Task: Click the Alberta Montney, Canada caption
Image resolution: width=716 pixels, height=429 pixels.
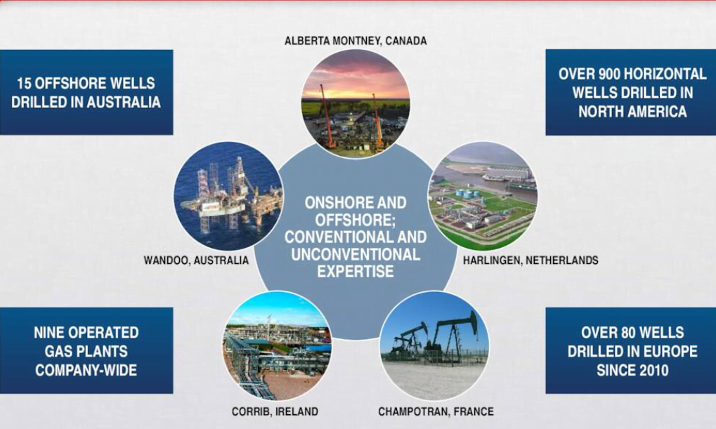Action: point(356,41)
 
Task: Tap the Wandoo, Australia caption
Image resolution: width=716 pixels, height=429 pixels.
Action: point(196,260)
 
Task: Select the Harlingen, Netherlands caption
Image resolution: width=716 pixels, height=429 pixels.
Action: point(531,260)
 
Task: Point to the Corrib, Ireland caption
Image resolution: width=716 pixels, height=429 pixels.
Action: point(275,411)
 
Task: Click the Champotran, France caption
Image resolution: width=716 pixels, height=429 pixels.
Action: point(436,411)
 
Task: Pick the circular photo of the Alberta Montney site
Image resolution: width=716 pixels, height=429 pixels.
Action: point(356,103)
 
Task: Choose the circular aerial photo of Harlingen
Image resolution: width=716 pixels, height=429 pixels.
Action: point(483,197)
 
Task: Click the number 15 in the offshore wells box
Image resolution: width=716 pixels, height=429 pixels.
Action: point(26,84)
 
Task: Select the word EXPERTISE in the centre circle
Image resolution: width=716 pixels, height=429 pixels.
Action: point(356,272)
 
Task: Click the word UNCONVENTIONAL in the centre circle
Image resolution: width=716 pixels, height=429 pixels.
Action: point(356,254)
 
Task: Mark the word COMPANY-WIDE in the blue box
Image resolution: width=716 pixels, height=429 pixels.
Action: point(86,370)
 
